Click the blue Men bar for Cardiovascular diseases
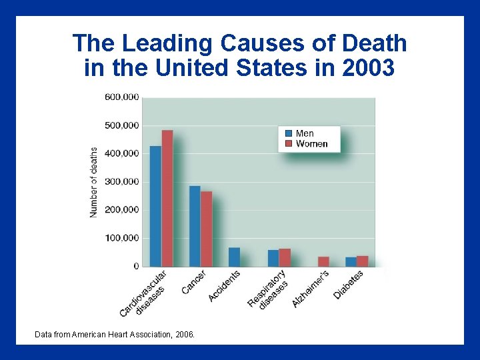tap(155, 206)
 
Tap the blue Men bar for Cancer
tap(195, 226)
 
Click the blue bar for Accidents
tap(234, 257)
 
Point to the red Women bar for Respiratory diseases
tap(285, 257)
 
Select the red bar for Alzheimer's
tap(323, 261)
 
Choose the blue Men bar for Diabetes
tap(351, 261)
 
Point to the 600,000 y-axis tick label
tap(121, 97)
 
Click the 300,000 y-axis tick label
tap(121, 181)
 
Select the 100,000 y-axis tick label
tap(121, 238)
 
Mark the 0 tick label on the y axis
tap(136, 266)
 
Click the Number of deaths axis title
tap(93, 182)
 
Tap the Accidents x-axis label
tap(225, 285)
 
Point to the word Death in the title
tap(374, 43)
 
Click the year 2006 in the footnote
tap(183, 334)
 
